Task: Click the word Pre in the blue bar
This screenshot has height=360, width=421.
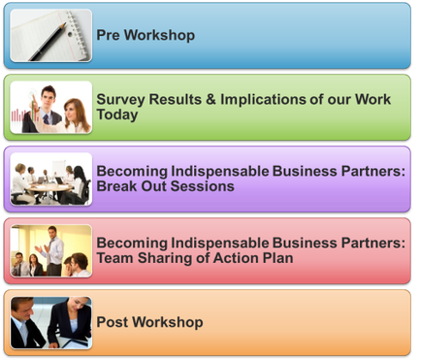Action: point(109,36)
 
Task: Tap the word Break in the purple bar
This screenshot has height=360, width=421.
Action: point(116,186)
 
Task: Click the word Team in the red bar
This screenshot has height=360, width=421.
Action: point(116,258)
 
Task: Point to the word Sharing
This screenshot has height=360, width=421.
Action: point(168,258)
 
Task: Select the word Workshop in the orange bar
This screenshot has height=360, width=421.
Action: point(168,322)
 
